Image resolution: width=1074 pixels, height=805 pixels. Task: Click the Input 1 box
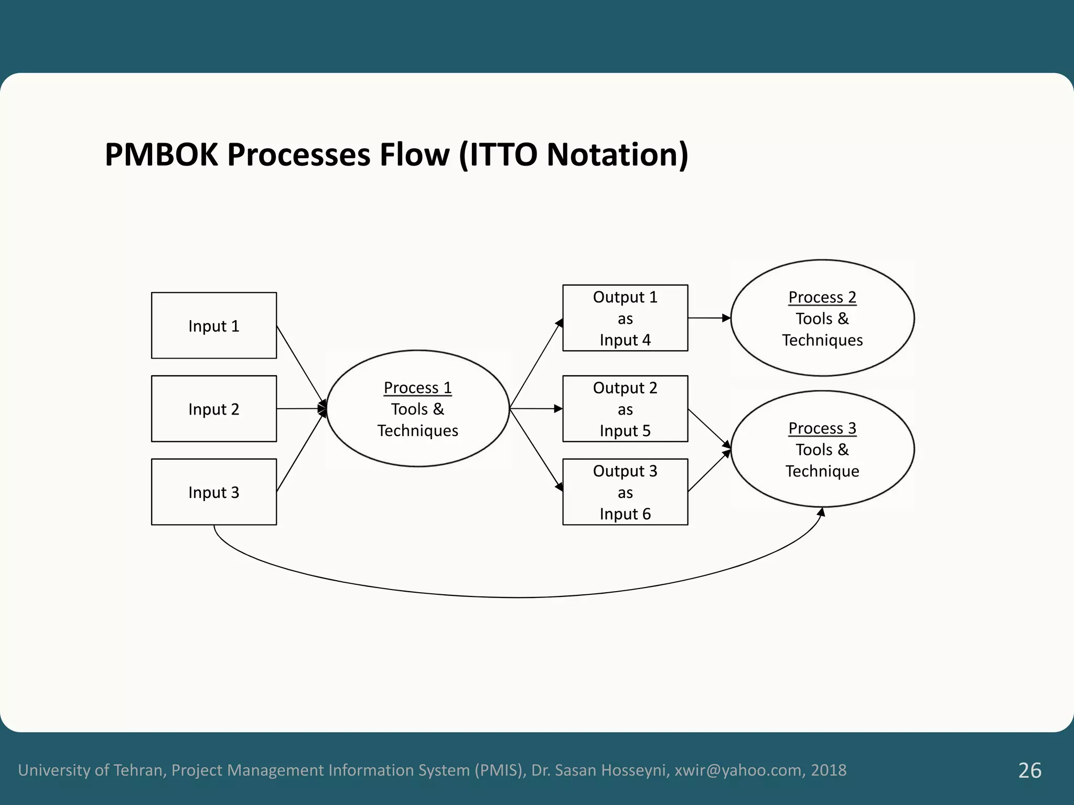(x=213, y=325)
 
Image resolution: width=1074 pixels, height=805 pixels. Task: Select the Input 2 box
(x=213, y=409)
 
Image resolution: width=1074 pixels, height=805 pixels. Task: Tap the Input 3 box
(x=213, y=492)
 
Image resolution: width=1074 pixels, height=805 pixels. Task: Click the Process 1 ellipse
(x=417, y=409)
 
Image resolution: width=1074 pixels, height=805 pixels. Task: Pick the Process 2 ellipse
(x=822, y=318)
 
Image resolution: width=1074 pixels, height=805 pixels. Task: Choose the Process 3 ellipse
(x=822, y=449)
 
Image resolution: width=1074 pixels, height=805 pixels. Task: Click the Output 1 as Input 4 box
(x=625, y=318)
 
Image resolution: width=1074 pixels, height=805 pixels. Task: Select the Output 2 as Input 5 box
(x=625, y=409)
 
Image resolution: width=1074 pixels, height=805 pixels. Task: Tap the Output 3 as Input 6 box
(x=625, y=492)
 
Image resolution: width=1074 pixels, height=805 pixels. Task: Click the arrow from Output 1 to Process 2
(x=708, y=318)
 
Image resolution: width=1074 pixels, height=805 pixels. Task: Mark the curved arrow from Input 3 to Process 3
(x=519, y=597)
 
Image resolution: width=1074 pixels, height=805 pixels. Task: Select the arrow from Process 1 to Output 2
(x=535, y=408)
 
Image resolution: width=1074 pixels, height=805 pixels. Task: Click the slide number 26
(x=1029, y=770)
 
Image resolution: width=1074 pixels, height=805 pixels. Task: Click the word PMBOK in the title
(x=161, y=155)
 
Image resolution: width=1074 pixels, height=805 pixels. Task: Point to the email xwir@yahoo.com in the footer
(x=738, y=770)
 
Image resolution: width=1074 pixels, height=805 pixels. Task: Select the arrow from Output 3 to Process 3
(x=709, y=471)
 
